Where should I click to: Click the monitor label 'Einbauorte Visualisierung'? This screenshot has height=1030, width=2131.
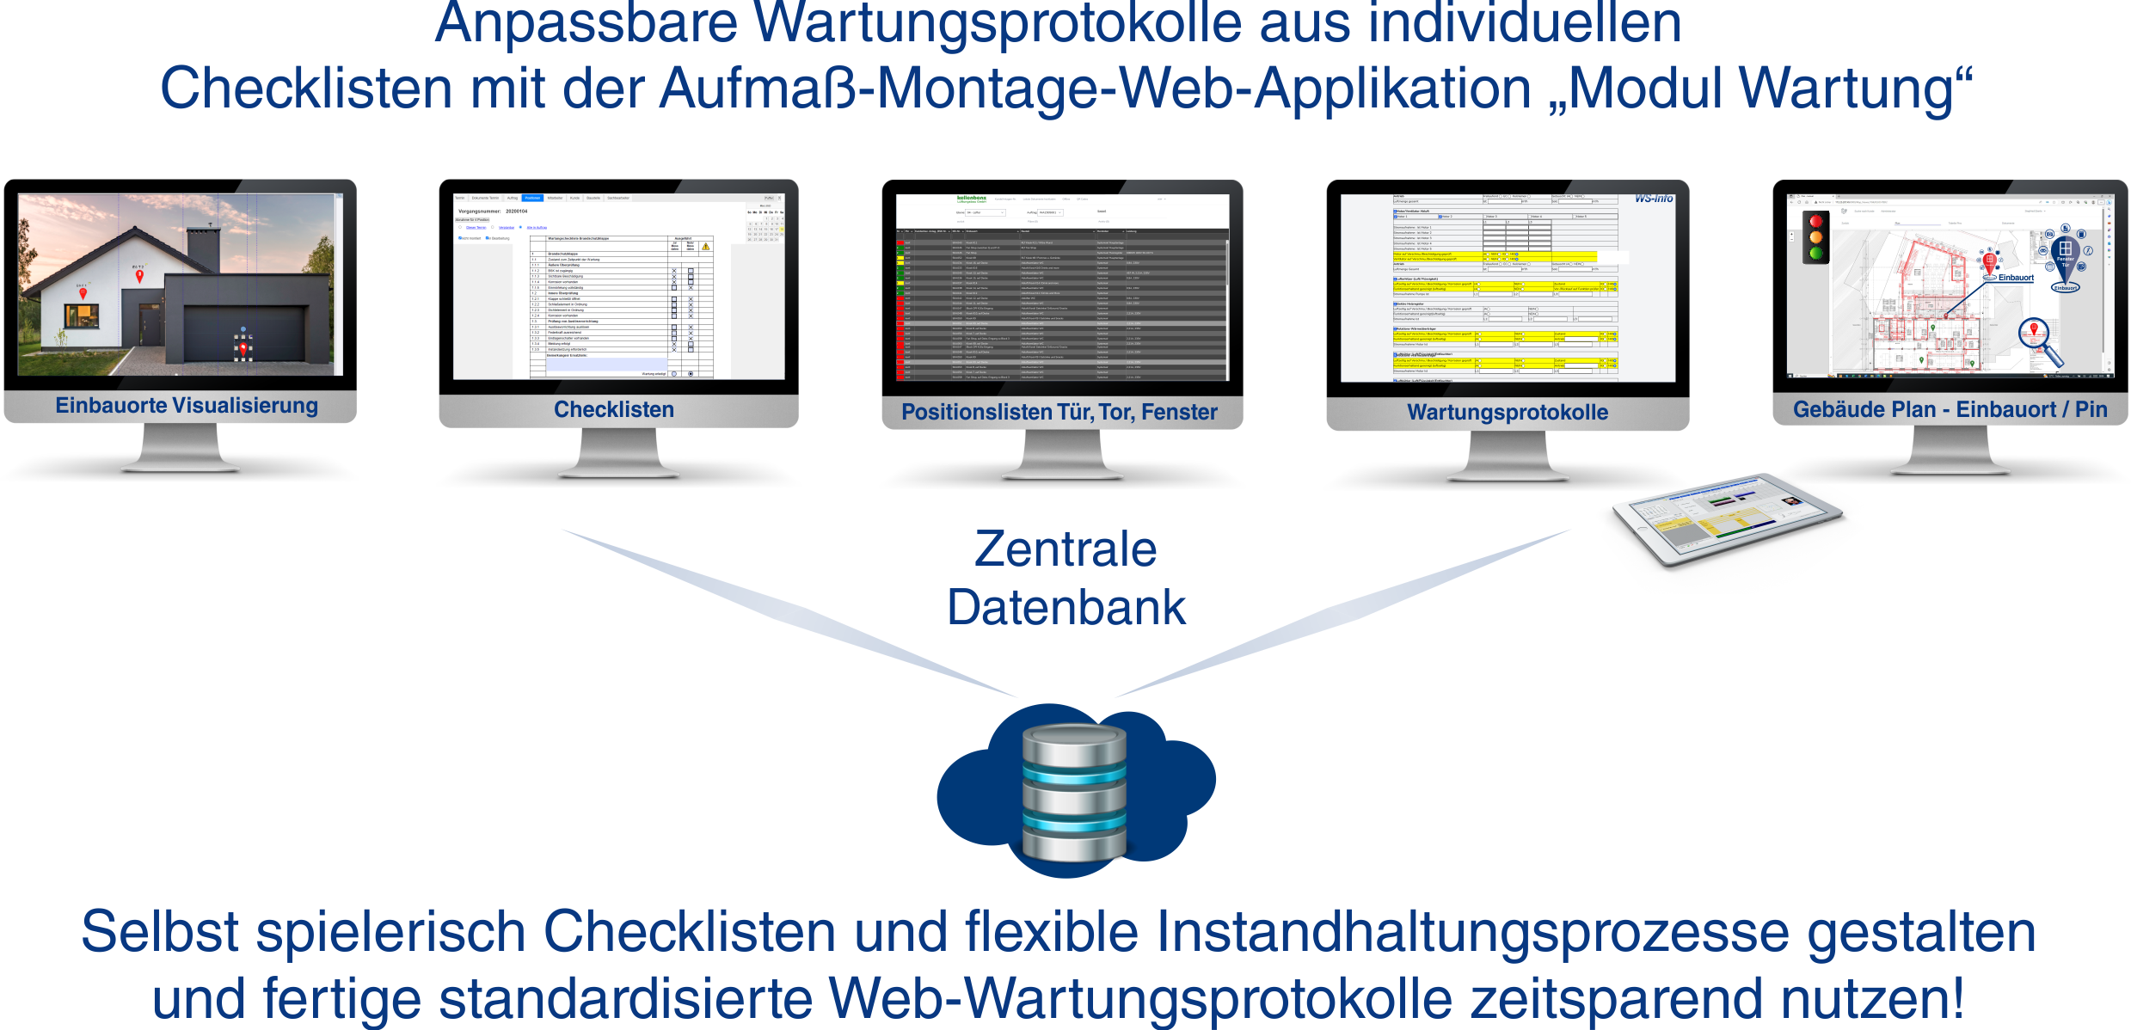click(x=187, y=406)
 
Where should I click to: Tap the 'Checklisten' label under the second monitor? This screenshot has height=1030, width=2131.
click(x=613, y=409)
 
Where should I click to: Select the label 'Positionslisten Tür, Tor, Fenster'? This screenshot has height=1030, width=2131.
click(x=1059, y=413)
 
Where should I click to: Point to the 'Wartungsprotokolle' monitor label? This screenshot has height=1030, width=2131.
click(x=1507, y=413)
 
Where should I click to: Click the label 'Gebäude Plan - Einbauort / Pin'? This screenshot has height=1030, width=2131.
click(x=1950, y=410)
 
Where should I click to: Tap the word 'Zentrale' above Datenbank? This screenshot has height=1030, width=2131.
click(x=1065, y=549)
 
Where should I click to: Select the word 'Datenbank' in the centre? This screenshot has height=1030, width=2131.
click(x=1066, y=608)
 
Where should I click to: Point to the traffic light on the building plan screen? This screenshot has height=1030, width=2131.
click(x=1816, y=236)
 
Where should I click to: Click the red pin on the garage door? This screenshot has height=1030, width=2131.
click(x=243, y=348)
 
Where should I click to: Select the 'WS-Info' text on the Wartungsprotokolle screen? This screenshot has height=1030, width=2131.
click(x=1654, y=199)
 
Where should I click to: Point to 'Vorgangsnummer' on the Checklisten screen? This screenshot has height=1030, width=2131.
click(x=479, y=212)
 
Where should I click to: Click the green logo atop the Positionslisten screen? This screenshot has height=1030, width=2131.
click(x=972, y=199)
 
